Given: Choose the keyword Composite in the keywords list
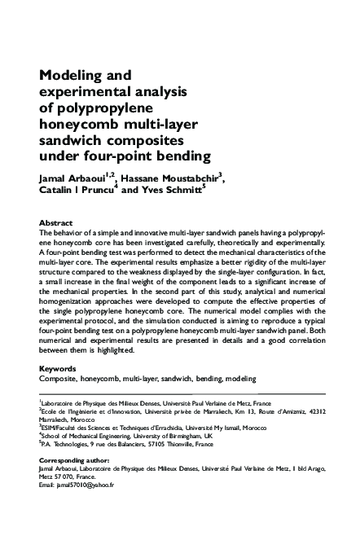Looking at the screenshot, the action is pyautogui.click(x=59, y=379).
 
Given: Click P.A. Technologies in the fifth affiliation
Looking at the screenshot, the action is pyautogui.click(x=67, y=446).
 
